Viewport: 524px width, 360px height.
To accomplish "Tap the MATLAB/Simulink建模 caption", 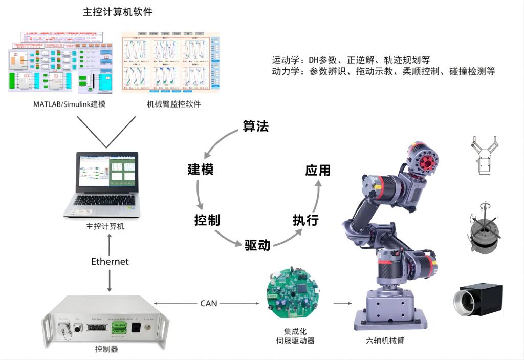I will [69, 104].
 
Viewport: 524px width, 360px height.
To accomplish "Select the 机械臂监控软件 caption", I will [174, 104].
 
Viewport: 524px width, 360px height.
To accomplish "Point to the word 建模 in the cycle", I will [201, 170].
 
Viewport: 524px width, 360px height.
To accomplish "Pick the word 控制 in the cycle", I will [207, 220].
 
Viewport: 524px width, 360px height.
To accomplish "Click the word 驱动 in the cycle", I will [257, 245].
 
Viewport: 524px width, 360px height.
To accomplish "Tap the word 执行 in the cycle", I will [305, 220].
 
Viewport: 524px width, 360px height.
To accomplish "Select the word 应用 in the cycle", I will [318, 170].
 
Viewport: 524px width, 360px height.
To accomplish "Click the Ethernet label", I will [110, 261].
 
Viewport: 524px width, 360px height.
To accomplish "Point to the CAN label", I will [209, 303].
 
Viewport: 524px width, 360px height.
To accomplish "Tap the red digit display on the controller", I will [96, 326].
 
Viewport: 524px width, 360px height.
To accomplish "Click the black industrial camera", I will [478, 300].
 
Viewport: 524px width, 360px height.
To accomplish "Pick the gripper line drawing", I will [484, 156].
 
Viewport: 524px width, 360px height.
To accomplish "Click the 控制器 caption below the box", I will [106, 349].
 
